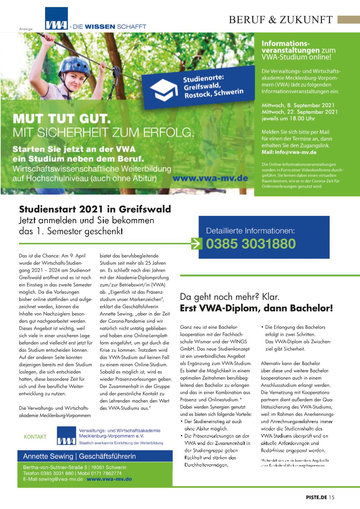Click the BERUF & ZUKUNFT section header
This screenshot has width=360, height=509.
281,20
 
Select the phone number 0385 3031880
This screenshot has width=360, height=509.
251,244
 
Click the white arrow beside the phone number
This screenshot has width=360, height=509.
197,244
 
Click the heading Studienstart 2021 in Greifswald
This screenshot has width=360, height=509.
95,209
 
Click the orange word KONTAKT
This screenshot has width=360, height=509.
35,437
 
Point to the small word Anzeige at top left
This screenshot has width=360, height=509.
26,29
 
